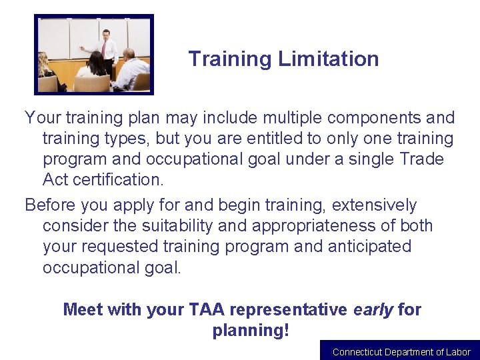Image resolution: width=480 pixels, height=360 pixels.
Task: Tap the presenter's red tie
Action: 104,49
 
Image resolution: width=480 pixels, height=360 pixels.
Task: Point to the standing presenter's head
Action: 106,35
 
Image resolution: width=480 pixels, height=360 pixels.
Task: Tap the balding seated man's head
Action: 129,55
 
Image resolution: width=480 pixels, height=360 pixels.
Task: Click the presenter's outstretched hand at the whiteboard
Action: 81,48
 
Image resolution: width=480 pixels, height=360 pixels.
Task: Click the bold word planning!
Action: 251,330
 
